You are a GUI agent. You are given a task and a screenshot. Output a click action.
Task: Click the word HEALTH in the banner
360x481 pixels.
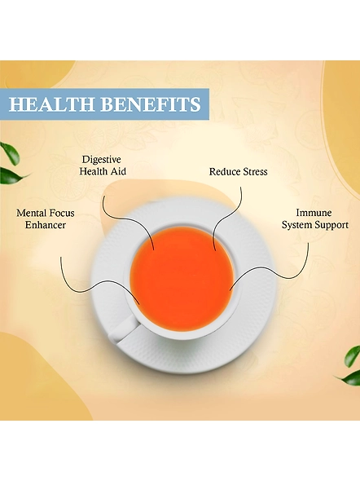point(51,104)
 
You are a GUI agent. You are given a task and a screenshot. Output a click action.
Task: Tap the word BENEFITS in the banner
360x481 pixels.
point(151,104)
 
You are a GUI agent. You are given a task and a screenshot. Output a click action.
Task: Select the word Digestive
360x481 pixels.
point(102,160)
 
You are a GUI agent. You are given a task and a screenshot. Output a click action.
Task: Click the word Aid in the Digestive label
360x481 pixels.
point(119,171)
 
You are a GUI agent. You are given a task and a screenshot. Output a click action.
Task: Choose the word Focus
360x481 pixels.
point(60,213)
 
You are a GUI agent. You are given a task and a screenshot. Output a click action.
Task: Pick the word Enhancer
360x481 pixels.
point(46,225)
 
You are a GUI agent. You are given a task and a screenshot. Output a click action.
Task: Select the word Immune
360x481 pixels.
point(314,213)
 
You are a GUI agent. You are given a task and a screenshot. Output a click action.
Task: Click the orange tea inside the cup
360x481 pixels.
point(182,280)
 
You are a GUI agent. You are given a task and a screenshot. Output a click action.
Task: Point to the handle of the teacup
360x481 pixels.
point(122,329)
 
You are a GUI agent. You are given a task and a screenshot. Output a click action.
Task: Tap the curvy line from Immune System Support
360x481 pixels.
point(270,269)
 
